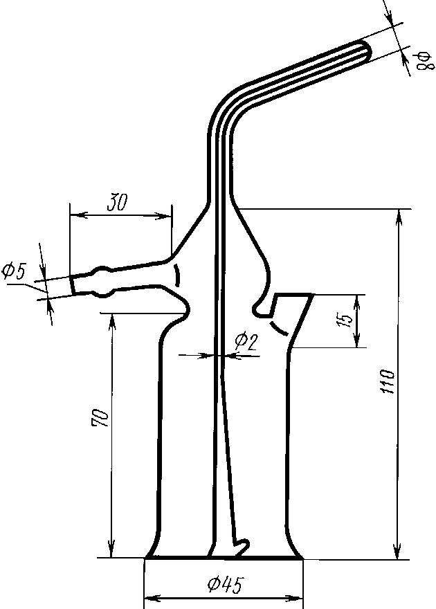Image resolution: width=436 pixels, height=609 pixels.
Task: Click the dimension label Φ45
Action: (x=225, y=584)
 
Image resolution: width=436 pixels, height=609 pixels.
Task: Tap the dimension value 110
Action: (x=387, y=382)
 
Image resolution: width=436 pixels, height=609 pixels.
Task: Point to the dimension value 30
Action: (x=117, y=202)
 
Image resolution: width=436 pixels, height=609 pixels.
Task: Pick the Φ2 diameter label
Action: (x=246, y=341)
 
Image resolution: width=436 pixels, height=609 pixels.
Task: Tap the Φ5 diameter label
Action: (x=14, y=271)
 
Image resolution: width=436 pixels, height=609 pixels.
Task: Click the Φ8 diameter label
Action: (x=424, y=62)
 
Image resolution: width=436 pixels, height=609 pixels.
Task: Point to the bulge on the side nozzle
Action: (x=102, y=282)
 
